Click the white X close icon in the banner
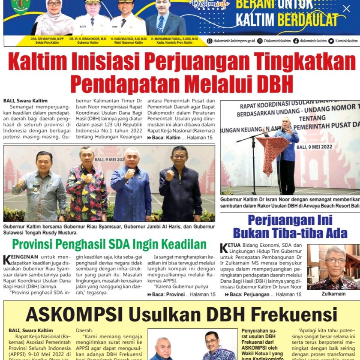346,9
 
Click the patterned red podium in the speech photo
273,154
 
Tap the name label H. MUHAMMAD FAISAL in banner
165,39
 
